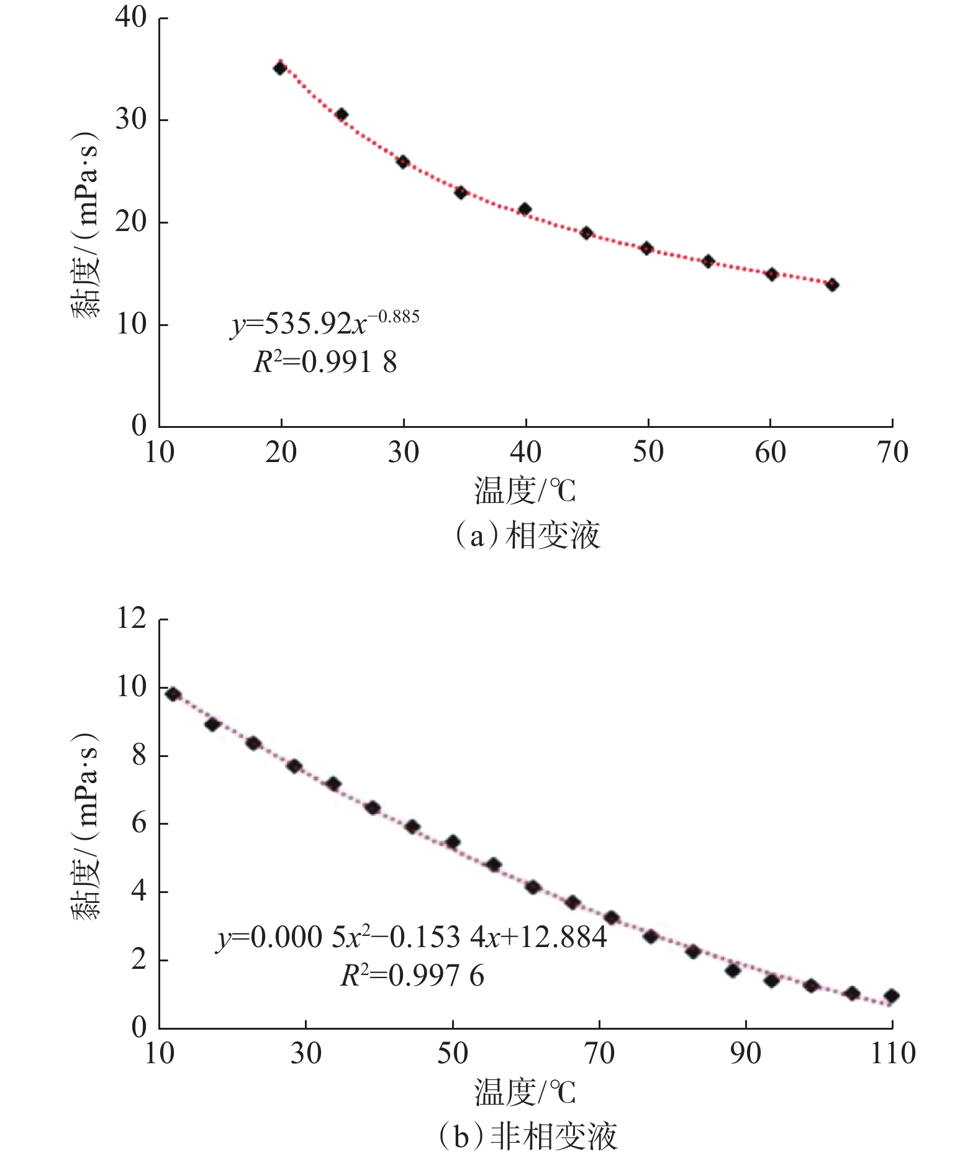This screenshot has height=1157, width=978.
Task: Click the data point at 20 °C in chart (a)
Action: coord(280,68)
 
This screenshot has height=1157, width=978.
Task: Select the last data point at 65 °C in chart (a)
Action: coord(832,285)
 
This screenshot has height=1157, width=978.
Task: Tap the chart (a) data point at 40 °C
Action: coord(525,209)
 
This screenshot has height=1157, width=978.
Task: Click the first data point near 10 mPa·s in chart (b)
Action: coord(173,694)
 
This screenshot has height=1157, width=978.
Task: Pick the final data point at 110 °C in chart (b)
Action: coord(892,996)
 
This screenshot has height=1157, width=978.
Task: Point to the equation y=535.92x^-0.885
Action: coord(325,323)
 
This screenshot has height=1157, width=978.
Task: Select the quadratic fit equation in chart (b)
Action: coord(411,937)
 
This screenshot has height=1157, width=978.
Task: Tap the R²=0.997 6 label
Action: coord(412,976)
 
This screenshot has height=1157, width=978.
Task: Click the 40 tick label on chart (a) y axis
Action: coord(131,17)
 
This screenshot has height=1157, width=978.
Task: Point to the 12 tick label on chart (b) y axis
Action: coord(131,619)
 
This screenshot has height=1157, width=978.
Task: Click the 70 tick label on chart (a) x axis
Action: coord(893,453)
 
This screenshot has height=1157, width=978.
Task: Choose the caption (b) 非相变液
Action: coord(528,1136)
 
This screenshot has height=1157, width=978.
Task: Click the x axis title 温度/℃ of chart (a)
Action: coord(525,491)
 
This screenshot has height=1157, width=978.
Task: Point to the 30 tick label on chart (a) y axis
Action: coord(131,119)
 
